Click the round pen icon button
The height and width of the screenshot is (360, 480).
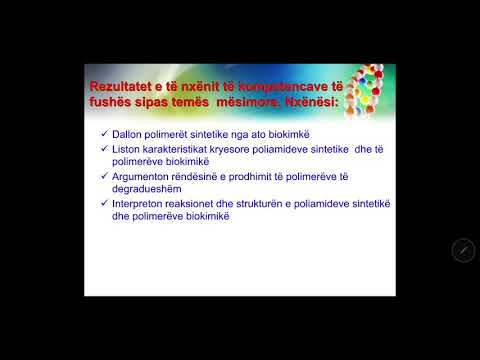click(x=462, y=250)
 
